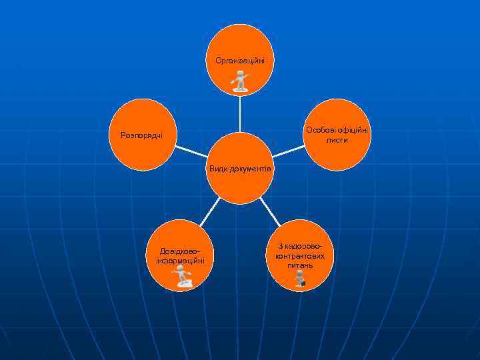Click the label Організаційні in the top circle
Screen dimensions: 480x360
coord(240,61)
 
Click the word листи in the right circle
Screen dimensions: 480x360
coord(337,140)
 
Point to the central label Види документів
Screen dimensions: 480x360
coord(240,169)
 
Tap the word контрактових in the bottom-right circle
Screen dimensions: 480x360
coord(300,256)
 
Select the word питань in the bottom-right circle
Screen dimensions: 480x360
coord(300,265)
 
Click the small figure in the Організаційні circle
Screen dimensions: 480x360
coord(240,81)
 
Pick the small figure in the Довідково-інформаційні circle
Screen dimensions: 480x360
coord(182,277)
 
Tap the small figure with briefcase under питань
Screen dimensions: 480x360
coord(301,280)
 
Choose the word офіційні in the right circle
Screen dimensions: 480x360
coord(353,130)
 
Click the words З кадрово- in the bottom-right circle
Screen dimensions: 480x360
coord(300,247)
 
